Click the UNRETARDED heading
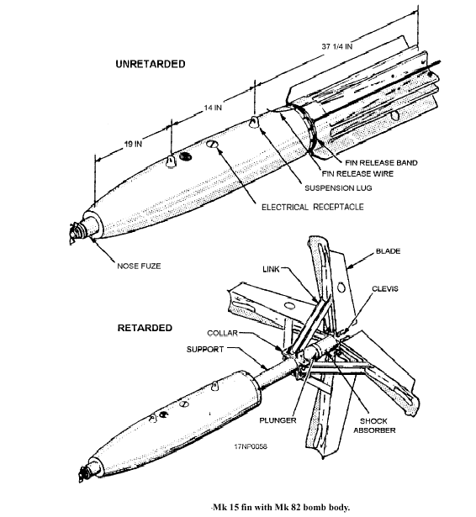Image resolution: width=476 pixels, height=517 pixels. [151, 64]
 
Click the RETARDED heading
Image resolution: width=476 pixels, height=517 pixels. [145, 328]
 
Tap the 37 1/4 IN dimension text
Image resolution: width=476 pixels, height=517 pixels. [336, 46]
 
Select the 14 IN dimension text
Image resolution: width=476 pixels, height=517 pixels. [213, 108]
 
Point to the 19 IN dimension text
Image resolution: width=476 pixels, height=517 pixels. [133, 144]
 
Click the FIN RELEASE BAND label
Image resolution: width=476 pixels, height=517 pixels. [381, 163]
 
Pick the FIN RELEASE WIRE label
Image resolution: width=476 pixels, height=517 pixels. [357, 174]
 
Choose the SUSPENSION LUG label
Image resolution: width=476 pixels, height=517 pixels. [338, 188]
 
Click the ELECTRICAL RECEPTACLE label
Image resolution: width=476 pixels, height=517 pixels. [313, 207]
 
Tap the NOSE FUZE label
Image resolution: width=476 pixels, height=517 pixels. [139, 266]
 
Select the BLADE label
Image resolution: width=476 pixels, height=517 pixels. [389, 251]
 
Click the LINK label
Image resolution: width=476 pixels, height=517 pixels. [271, 269]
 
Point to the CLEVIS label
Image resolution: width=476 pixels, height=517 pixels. [385, 289]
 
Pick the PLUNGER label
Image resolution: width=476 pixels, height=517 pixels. [278, 420]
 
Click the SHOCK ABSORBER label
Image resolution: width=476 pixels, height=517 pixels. [374, 425]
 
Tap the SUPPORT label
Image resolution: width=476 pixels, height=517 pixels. [205, 350]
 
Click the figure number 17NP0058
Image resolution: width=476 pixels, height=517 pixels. [251, 446]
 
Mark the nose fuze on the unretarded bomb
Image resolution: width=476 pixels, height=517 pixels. [78, 231]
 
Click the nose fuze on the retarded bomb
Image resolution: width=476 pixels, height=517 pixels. [85, 473]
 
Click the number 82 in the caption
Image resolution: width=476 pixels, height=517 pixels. [294, 507]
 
